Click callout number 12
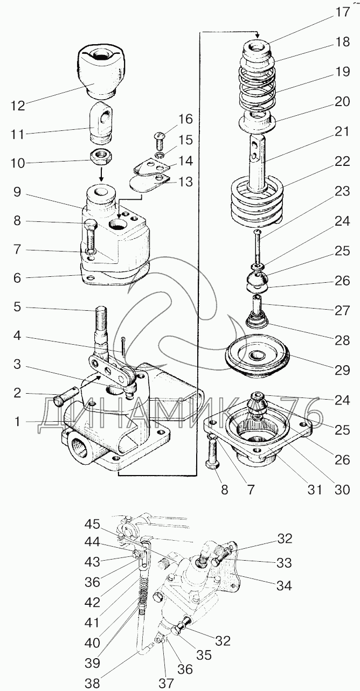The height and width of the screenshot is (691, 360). click(18, 106)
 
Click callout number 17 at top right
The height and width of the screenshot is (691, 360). click(342, 12)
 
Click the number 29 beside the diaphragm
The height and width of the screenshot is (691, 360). click(342, 370)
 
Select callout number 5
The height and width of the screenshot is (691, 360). click(18, 306)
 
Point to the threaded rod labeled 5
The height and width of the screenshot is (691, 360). click(101, 330)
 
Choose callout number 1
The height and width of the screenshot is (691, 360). click(17, 421)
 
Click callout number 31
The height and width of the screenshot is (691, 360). click(314, 490)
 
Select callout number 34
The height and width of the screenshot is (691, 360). click(284, 585)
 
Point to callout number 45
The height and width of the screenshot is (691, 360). click(93, 524)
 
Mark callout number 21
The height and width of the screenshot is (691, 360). click(342, 132)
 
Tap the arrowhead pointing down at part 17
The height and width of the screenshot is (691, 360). click(257, 36)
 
